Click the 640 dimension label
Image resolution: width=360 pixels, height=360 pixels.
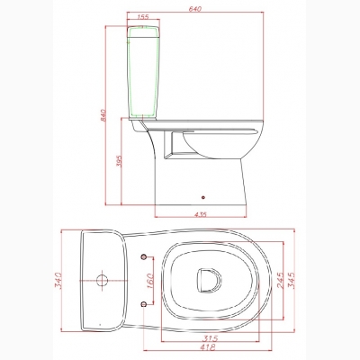tap(195, 9)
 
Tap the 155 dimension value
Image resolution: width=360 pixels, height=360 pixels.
tap(143, 17)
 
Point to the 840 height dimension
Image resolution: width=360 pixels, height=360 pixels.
tap(103, 115)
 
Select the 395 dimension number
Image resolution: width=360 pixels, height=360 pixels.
tap(118, 161)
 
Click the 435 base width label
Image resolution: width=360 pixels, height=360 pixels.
tap(201, 214)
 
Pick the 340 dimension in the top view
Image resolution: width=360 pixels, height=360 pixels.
tap(58, 281)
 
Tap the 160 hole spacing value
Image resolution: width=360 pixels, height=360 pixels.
tap(149, 281)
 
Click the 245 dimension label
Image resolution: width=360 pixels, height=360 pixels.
tap(280, 280)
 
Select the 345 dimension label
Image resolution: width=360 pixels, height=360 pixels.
tap(291, 280)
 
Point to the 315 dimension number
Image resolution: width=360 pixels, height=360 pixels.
tap(210, 338)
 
